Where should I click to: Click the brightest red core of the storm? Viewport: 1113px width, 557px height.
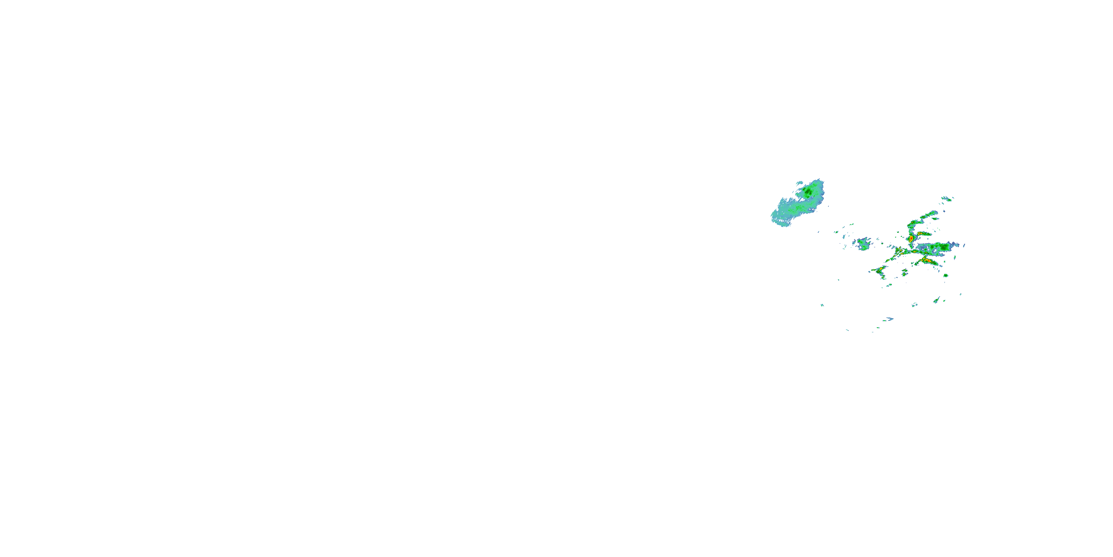click(x=911, y=238)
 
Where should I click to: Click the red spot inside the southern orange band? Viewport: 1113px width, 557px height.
click(x=926, y=261)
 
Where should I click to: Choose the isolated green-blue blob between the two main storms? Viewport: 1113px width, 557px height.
click(x=864, y=244)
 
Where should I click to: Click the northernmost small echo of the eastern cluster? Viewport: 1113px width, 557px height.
click(x=947, y=199)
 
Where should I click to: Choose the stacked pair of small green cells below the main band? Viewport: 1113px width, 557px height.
click(x=904, y=273)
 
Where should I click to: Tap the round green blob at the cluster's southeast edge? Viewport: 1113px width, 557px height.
click(x=945, y=276)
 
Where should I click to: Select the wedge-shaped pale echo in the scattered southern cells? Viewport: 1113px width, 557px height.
click(x=936, y=300)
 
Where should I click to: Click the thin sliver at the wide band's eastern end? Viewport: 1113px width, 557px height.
click(x=963, y=245)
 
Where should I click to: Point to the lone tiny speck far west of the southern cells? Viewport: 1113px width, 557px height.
click(x=822, y=305)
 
